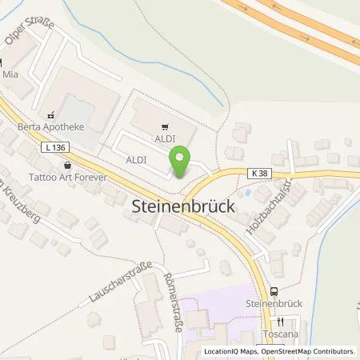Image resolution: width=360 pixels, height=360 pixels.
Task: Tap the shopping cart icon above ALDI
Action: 165,126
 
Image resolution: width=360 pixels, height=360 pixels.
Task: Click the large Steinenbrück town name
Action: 182,206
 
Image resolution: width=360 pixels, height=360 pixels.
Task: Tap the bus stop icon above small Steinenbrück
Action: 274,292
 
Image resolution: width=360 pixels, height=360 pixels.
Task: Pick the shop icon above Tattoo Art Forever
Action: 66,165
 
